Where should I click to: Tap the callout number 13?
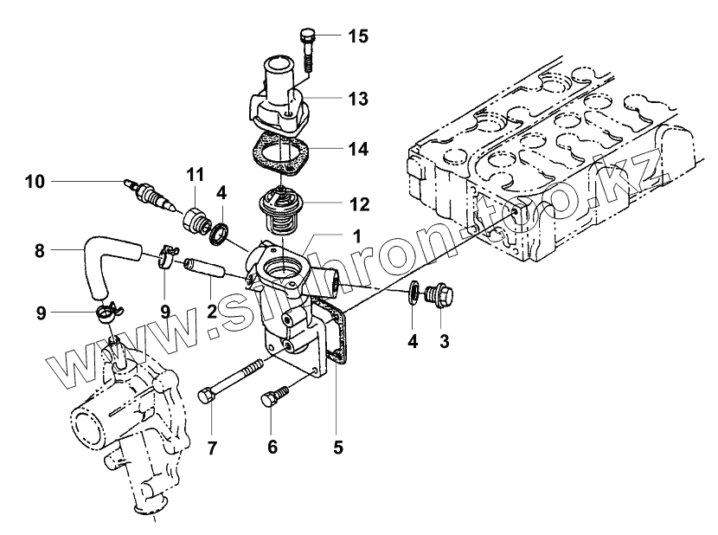pyautogui.click(x=357, y=99)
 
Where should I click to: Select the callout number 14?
pyautogui.click(x=357, y=149)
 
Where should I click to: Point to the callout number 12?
pyautogui.click(x=357, y=204)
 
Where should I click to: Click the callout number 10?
pyautogui.click(x=34, y=181)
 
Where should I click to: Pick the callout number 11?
pyautogui.click(x=194, y=176)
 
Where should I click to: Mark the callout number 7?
pyautogui.click(x=212, y=448)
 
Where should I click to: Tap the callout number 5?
pyautogui.click(x=338, y=448)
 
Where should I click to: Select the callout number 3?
pyautogui.click(x=444, y=341)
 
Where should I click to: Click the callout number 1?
pyautogui.click(x=357, y=235)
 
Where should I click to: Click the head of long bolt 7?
pyautogui.click(x=208, y=396)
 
